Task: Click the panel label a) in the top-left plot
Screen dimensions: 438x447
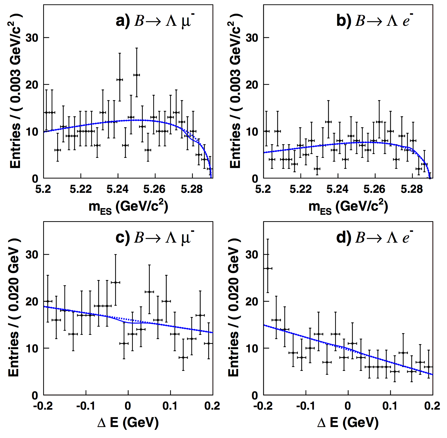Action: click(x=123, y=21)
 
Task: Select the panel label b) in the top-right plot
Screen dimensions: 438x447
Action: click(x=344, y=21)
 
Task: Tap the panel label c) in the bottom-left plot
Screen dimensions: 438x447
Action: click(x=123, y=238)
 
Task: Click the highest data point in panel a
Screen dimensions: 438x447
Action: click(x=137, y=75)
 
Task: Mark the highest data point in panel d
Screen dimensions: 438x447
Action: click(x=268, y=268)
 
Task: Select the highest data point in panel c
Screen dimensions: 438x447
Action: click(x=115, y=282)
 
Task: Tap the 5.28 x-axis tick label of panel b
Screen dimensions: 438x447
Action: click(x=411, y=189)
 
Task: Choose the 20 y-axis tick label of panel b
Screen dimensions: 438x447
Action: click(x=252, y=85)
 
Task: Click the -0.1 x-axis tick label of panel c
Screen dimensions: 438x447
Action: click(x=86, y=406)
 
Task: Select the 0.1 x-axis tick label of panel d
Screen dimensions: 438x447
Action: click(x=390, y=406)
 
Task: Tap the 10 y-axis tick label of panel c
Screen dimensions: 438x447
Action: click(x=32, y=348)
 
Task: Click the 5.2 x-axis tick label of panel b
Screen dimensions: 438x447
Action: click(x=263, y=189)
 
